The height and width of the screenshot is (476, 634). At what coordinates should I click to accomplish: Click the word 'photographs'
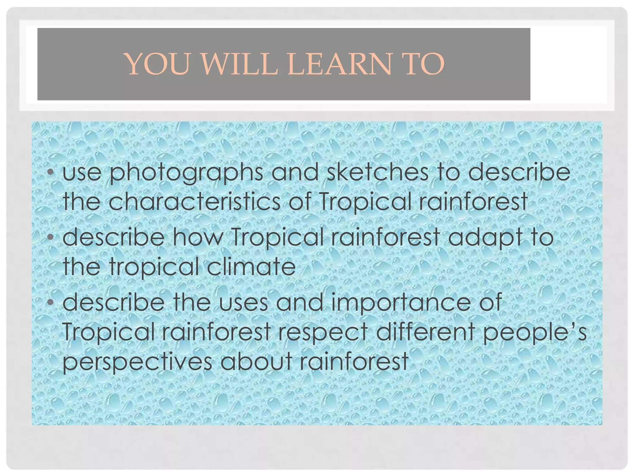click(186, 173)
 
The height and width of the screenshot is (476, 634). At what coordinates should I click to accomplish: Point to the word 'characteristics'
click(194, 201)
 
